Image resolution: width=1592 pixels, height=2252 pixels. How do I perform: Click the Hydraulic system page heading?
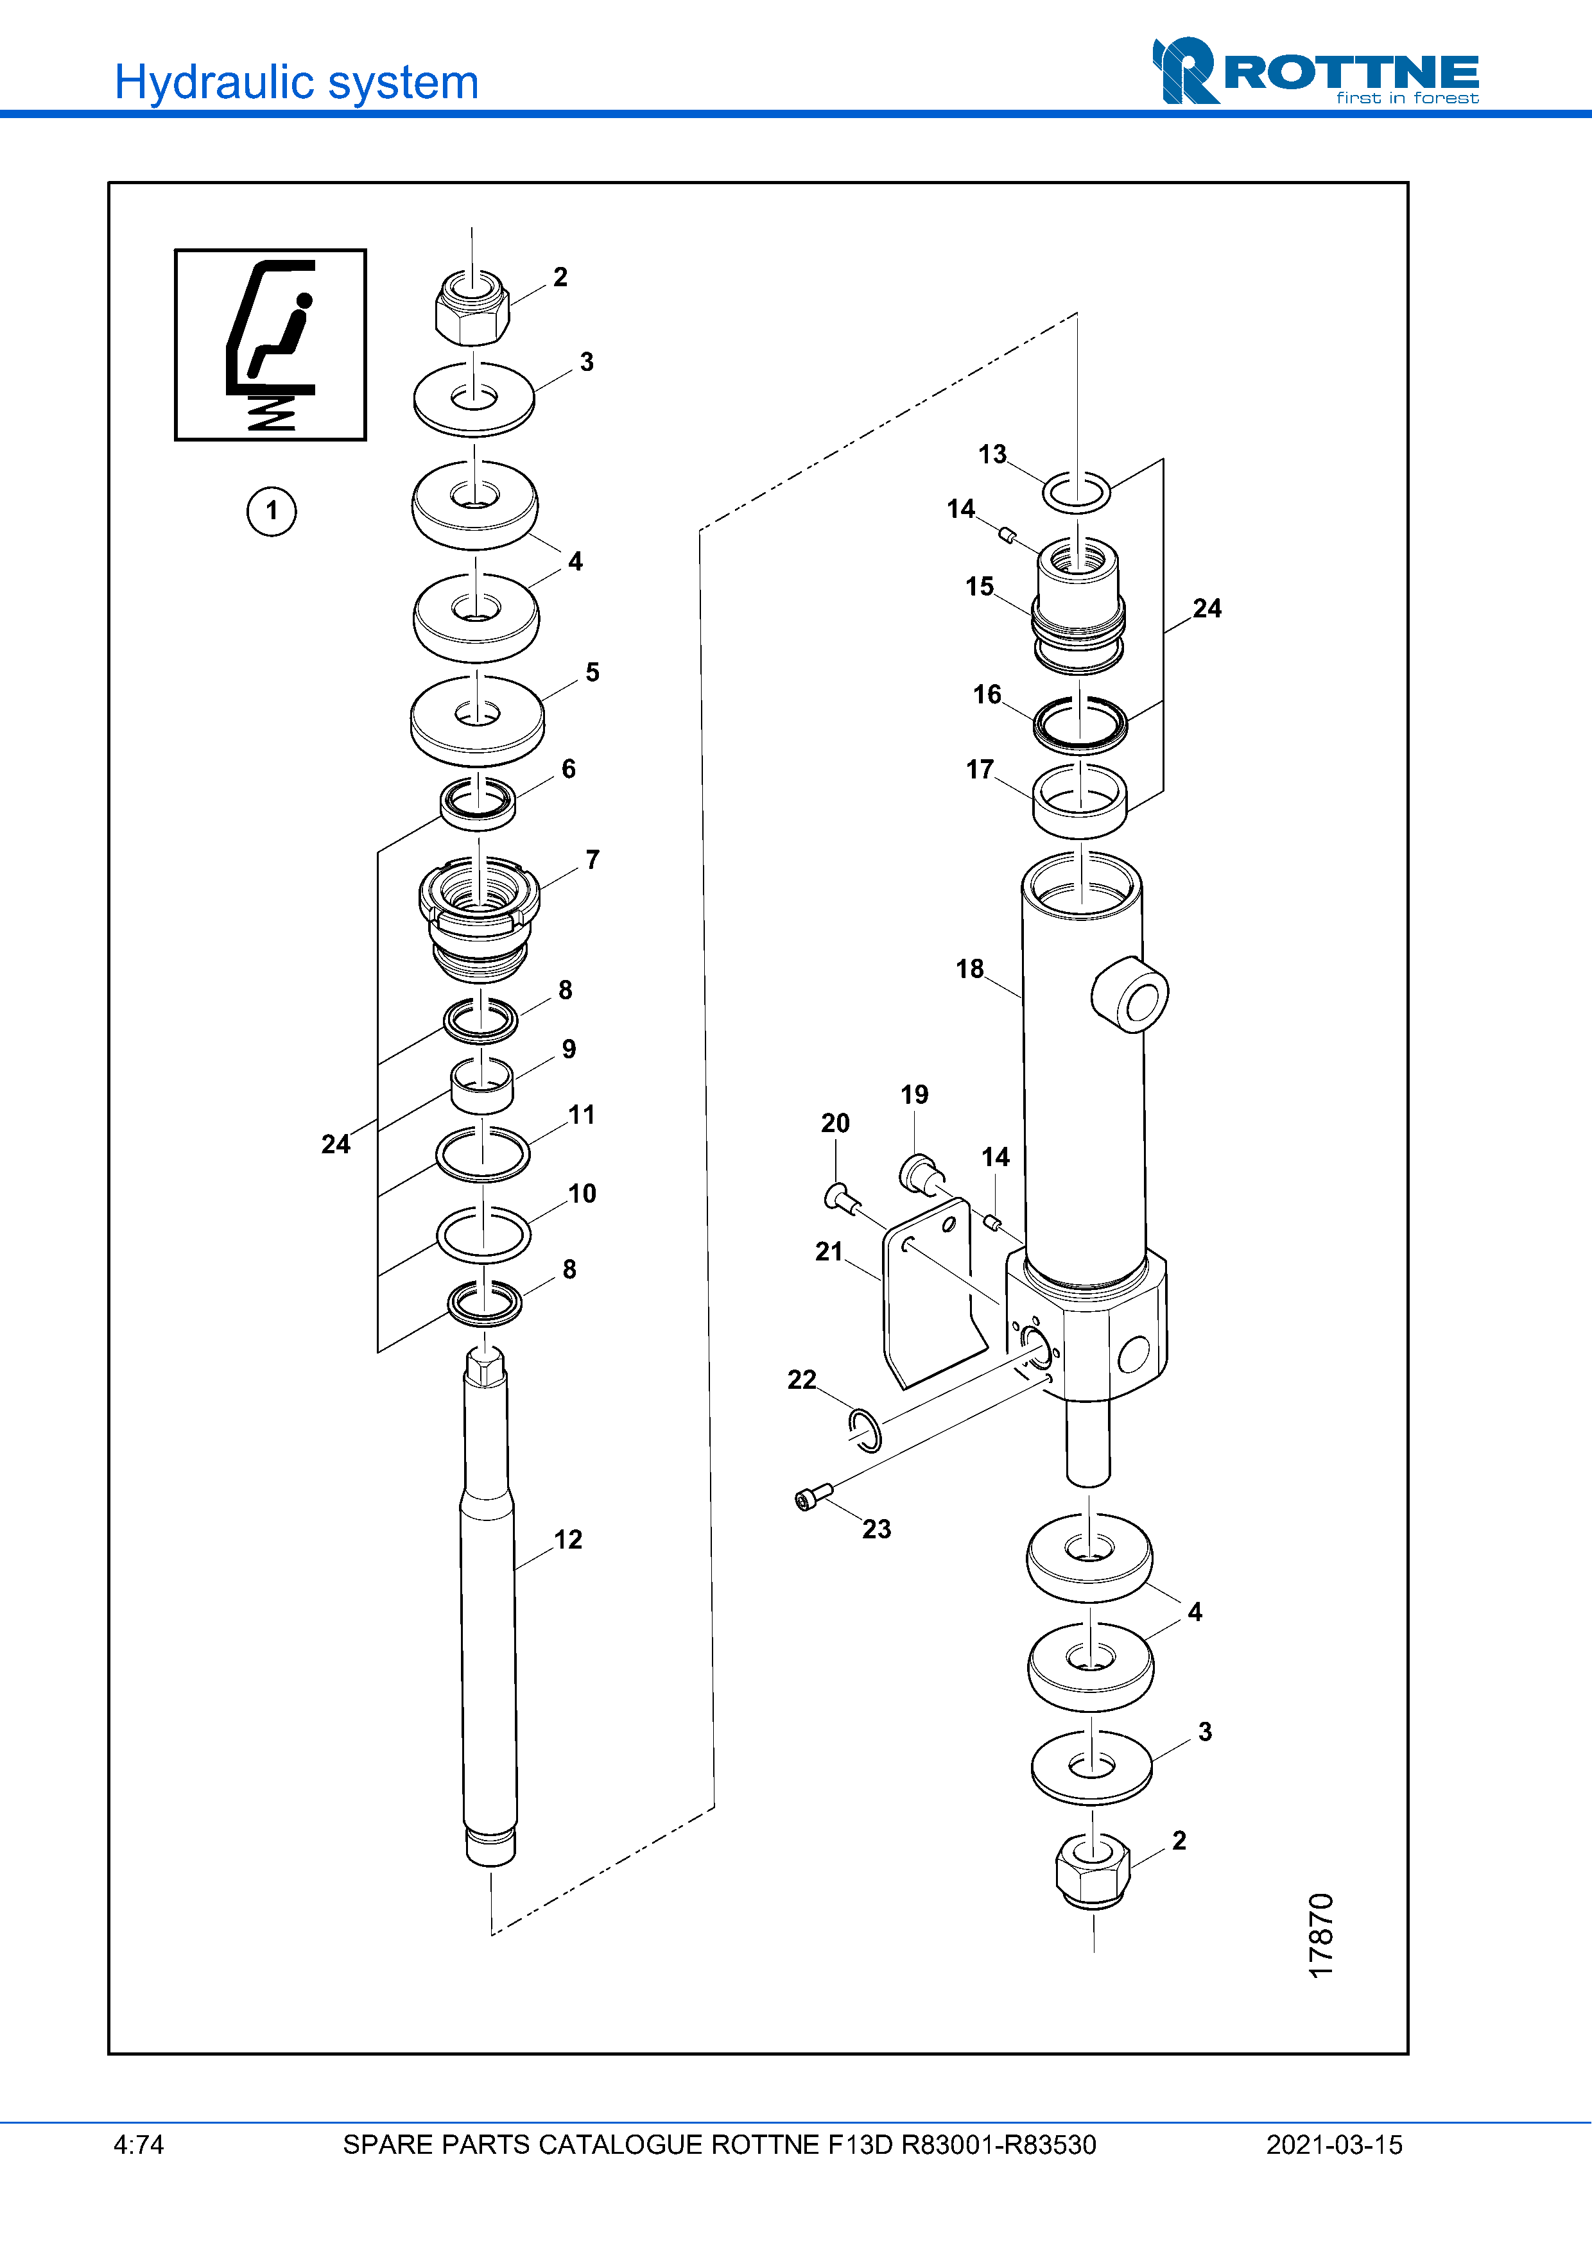(x=296, y=82)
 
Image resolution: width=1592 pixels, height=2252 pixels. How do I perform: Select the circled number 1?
(x=271, y=511)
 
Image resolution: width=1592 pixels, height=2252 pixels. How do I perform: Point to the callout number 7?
(x=593, y=859)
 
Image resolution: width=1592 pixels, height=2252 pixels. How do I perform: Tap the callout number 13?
(x=992, y=454)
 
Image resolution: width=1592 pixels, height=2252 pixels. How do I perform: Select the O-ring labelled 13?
(x=1076, y=492)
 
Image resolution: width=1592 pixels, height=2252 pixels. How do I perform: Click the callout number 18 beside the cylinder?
(x=969, y=969)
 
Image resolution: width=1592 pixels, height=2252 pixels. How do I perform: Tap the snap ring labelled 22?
(x=864, y=1430)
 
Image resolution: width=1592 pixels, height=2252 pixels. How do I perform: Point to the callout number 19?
(x=914, y=1095)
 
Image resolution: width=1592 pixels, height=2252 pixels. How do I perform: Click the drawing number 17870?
(x=1321, y=1934)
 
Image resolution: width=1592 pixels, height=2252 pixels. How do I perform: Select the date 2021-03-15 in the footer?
(x=1333, y=2144)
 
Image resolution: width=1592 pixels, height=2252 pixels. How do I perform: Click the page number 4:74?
(x=138, y=2144)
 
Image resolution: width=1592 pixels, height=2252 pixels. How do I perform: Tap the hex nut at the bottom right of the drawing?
(x=1092, y=1871)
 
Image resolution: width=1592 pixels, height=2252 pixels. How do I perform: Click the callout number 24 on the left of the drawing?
(x=336, y=1144)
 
